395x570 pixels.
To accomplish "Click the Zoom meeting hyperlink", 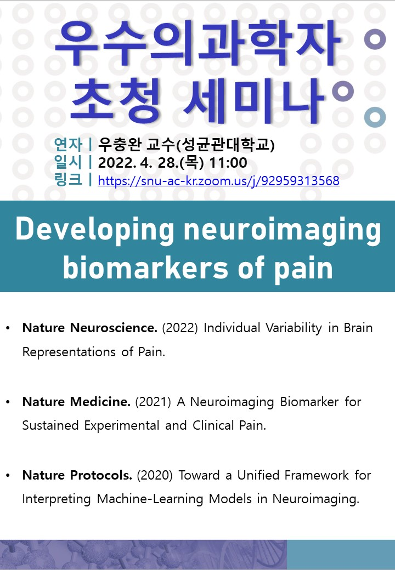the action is tap(218, 181).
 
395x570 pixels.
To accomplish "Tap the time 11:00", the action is tap(228, 162).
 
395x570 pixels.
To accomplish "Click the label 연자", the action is tap(68, 144).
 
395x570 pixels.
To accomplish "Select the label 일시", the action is tap(68, 162).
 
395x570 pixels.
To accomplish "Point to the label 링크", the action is tap(68, 180).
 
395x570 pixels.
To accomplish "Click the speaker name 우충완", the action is tap(120, 144).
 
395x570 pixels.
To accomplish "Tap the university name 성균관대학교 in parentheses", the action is tap(225, 145).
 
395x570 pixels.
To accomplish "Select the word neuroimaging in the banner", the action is tap(282, 230).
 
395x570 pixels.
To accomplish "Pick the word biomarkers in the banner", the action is tap(146, 268).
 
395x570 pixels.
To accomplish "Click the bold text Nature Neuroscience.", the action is tap(90, 328).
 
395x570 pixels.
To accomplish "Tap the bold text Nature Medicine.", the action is tap(76, 402).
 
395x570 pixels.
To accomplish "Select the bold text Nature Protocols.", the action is tap(77, 475).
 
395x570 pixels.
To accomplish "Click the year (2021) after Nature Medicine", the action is tap(153, 402).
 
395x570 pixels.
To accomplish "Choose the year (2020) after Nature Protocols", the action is tap(155, 476).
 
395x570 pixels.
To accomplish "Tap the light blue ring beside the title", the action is tap(375, 117).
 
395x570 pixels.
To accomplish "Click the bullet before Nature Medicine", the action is tap(8, 402).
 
